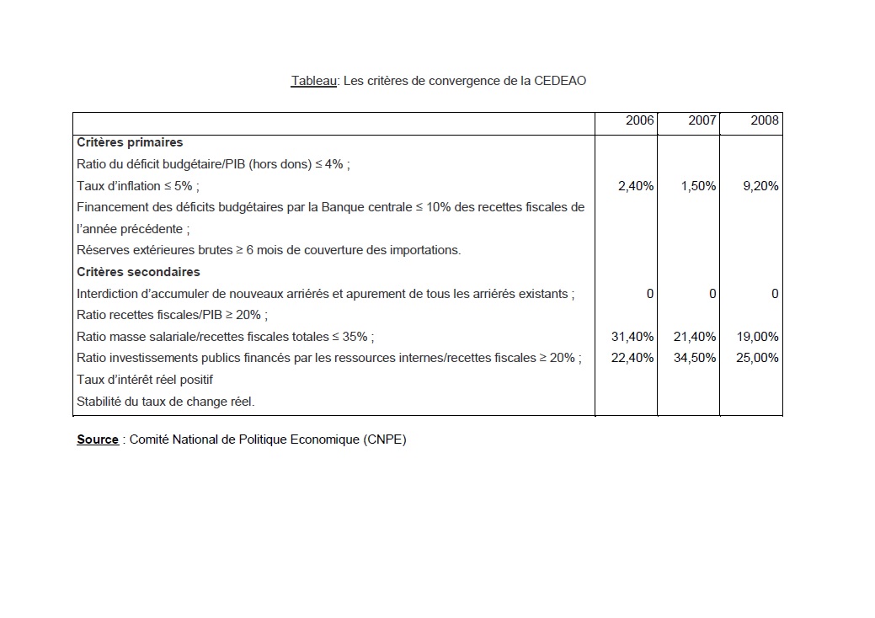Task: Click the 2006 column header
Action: click(640, 121)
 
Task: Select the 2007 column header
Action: click(702, 121)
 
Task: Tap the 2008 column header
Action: click(765, 121)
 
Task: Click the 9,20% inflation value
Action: click(760, 186)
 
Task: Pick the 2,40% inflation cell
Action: click(636, 186)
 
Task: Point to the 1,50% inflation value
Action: click(698, 186)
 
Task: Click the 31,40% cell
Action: click(632, 337)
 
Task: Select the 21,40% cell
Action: click(695, 337)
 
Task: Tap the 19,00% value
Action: click(758, 337)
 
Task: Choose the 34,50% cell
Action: click(695, 358)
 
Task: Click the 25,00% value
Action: click(758, 358)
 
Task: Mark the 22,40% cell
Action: click(632, 358)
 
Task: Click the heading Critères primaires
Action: click(130, 143)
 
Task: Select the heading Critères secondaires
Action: click(138, 272)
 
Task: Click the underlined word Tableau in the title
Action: click(313, 81)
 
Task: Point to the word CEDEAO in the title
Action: click(560, 81)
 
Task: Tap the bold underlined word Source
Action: click(98, 440)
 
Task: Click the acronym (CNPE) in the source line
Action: click(386, 440)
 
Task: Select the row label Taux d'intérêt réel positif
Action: click(145, 380)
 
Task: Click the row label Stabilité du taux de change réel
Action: click(165, 402)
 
